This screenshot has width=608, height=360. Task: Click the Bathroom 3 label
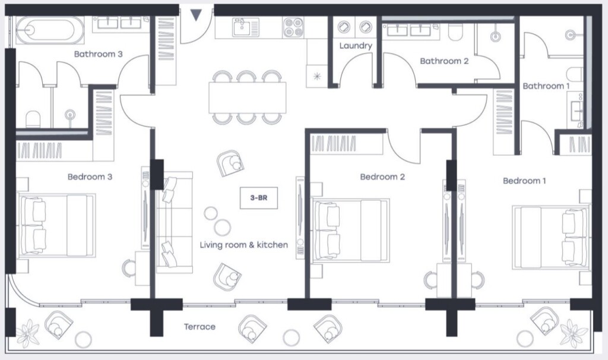98,54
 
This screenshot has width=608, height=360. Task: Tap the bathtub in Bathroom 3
50,30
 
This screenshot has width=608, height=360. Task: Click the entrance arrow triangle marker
196,15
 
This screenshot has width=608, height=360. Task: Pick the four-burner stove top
293,27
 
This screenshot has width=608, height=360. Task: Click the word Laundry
356,46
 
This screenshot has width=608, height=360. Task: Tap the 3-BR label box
259,198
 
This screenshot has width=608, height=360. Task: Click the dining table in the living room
248,97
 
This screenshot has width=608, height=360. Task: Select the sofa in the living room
174,222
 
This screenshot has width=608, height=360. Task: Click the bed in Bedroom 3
56,225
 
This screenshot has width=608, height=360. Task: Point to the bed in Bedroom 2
350,230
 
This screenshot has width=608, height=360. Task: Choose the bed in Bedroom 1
550,237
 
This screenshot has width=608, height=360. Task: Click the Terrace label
199,327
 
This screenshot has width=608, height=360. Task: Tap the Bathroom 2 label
444,61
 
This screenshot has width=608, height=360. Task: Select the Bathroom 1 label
546,86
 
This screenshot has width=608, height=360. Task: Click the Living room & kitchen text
244,245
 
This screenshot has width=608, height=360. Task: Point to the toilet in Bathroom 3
33,119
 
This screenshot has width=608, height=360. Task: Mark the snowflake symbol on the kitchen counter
317,77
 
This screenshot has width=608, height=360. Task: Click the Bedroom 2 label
382,177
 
